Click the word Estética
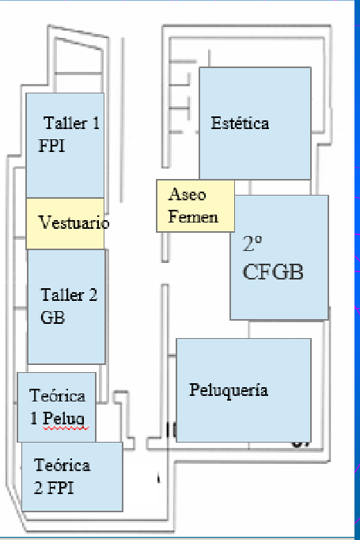pos(240,123)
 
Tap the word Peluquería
pos(229,390)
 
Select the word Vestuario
pos(74,222)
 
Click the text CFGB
pos(273,272)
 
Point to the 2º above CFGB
pos(252,244)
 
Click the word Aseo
pos(188,195)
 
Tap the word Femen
pos(193,217)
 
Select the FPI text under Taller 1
pos(51,146)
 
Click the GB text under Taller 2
pos(52,318)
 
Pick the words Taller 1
pos(71,123)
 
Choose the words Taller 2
pos(69,295)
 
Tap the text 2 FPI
pos(54,488)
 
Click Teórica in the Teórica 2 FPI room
pos(63,466)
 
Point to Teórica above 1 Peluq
pos(58,396)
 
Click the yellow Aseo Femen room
pos(195,206)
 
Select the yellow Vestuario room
pos(66,223)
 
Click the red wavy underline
pos(66,428)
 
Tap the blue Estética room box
pos(255,124)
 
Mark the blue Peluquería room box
pos(244,390)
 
